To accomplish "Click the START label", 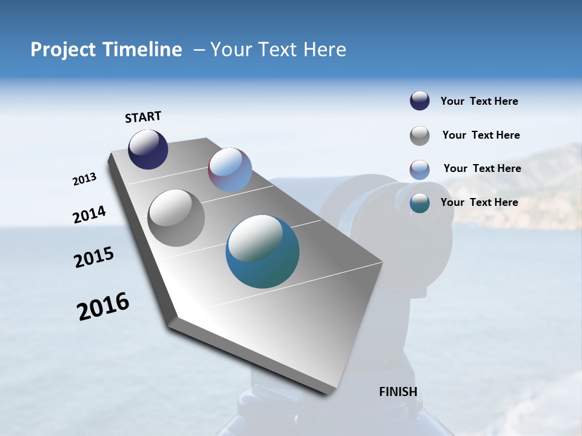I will (x=143, y=116).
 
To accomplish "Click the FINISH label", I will (x=398, y=392).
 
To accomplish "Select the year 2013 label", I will (x=84, y=179).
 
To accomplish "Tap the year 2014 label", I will (x=89, y=214).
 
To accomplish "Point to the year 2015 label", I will (x=94, y=257).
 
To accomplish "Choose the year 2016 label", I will (x=103, y=306).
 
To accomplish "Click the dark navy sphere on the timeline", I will (x=148, y=150).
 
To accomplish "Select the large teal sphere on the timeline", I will (x=263, y=251).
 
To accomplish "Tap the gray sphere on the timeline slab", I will (x=176, y=218).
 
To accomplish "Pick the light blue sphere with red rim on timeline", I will (x=230, y=170).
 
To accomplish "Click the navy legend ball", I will (x=420, y=101).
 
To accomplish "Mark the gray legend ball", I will (x=420, y=136).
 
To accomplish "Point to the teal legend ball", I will (x=420, y=203).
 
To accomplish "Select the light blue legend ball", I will (x=420, y=170).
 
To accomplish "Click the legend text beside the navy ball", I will (x=479, y=101).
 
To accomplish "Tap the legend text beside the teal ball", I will (x=479, y=202).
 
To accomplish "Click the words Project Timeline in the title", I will (x=106, y=50).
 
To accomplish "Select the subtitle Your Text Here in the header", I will (x=278, y=50).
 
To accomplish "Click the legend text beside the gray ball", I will (x=481, y=135).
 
